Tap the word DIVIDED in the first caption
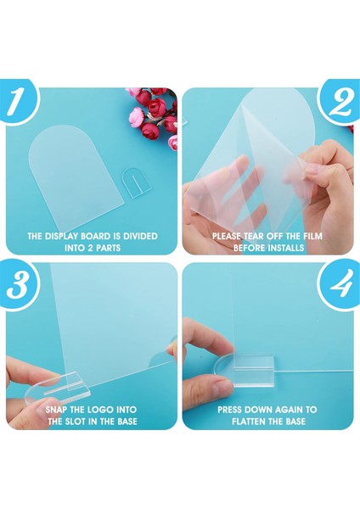(x=140, y=236)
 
